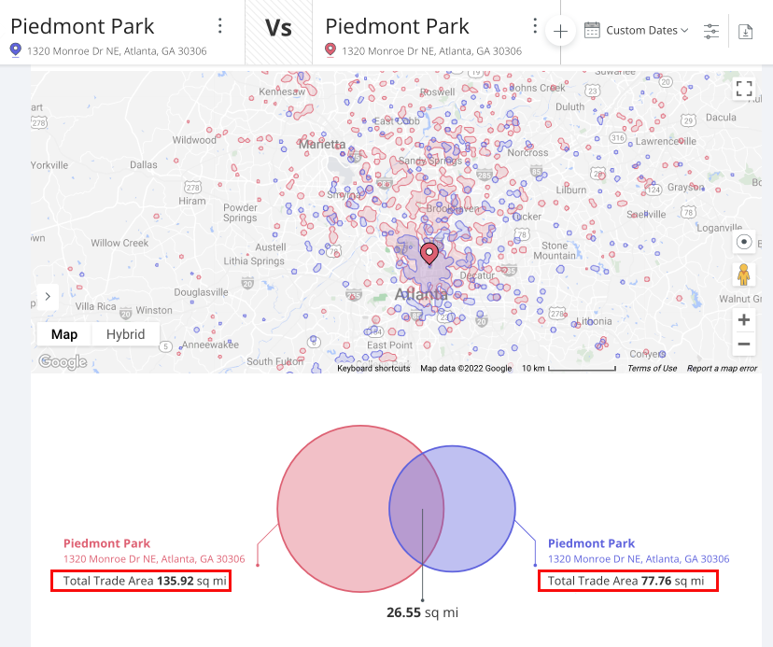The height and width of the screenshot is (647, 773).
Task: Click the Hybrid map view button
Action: (x=125, y=334)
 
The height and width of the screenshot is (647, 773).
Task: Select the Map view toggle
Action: (x=64, y=334)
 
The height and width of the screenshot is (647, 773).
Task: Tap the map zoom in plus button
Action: (x=744, y=320)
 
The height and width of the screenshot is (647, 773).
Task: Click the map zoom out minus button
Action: (x=744, y=345)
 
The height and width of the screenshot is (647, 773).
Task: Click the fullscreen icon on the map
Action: (x=744, y=89)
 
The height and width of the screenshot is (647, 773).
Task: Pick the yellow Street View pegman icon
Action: (x=744, y=274)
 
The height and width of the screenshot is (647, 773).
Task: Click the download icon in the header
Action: (x=745, y=31)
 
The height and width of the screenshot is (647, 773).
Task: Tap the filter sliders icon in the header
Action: (x=711, y=31)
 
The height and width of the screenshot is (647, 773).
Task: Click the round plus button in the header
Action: (x=560, y=31)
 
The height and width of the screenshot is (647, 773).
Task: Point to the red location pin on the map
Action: (x=429, y=253)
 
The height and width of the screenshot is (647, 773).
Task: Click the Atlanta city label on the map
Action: (x=420, y=294)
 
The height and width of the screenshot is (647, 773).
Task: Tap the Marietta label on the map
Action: (x=322, y=144)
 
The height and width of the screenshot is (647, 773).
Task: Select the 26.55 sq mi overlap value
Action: (x=422, y=612)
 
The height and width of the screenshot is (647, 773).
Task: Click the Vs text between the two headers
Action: (x=278, y=28)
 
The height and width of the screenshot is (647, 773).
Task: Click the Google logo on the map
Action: (x=63, y=362)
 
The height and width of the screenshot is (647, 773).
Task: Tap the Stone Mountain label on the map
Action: (x=559, y=250)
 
